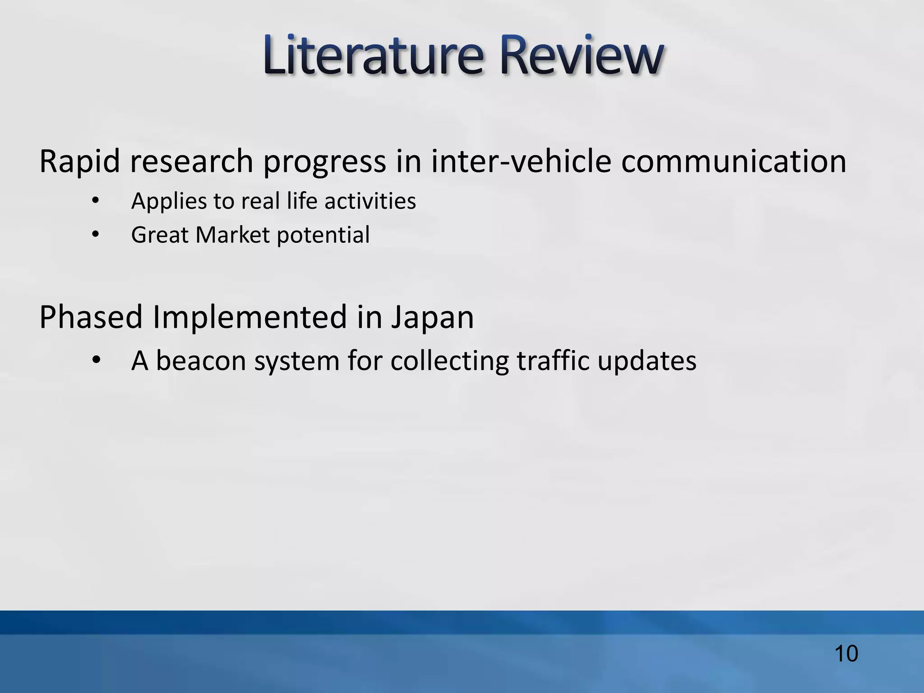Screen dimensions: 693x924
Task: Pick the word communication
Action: (x=733, y=161)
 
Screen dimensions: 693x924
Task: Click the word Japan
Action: (x=432, y=318)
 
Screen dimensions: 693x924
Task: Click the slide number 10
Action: (x=846, y=654)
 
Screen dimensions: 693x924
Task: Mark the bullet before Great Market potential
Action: (x=95, y=235)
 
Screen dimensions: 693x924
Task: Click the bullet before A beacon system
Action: (x=96, y=361)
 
